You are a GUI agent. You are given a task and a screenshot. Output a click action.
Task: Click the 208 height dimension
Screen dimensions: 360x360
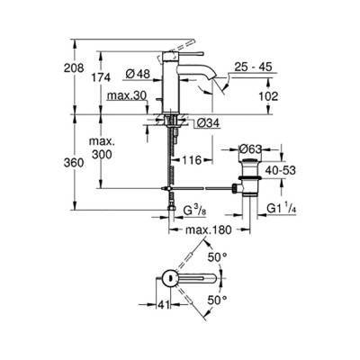coord(84,66)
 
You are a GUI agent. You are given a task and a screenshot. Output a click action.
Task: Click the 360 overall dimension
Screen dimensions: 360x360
coord(85,163)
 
